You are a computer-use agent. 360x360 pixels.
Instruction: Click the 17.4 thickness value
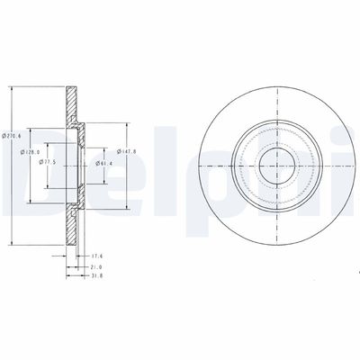(98, 256)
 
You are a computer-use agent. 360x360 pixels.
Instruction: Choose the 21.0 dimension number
(98, 267)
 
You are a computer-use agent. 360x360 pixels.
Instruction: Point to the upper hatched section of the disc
(69, 112)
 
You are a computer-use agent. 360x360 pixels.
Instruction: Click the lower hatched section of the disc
(69, 220)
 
